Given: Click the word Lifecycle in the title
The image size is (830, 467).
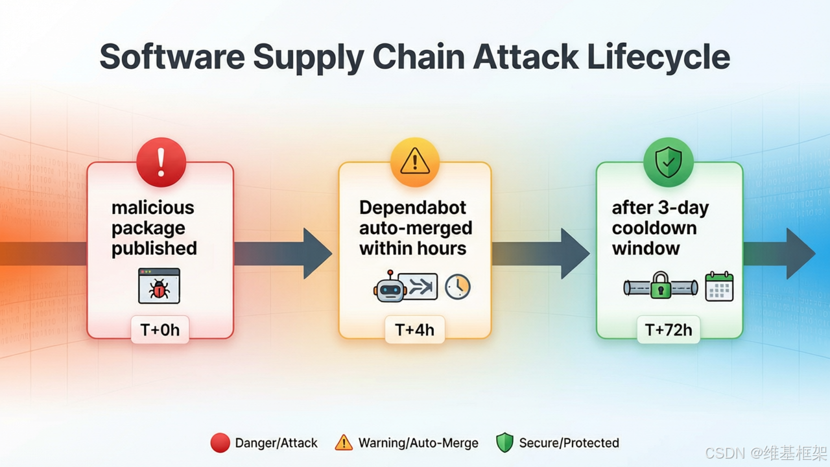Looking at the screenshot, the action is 658,58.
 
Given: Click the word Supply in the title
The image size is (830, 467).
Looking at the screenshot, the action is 309,58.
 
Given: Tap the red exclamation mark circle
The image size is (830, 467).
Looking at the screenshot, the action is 161,162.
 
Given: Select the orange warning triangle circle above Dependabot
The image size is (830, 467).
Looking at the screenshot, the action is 415,162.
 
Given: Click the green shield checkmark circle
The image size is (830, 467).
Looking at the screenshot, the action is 669,162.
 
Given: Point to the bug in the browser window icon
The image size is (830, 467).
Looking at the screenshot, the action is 159,289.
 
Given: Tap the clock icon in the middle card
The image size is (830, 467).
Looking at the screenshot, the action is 458,287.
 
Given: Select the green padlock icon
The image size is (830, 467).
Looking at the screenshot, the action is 661,285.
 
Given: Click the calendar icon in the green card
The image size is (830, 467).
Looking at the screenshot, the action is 719,286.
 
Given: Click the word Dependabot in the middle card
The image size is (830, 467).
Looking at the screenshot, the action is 412,208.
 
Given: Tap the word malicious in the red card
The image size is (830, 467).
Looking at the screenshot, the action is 152,208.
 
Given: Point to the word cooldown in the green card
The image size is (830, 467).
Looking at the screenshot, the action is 654,228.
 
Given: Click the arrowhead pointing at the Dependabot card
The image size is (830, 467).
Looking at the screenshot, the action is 318,254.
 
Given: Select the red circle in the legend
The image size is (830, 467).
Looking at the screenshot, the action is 220,443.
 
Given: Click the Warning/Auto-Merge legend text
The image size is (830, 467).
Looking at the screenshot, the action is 418,443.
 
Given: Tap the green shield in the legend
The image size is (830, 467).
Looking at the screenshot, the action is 504,442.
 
